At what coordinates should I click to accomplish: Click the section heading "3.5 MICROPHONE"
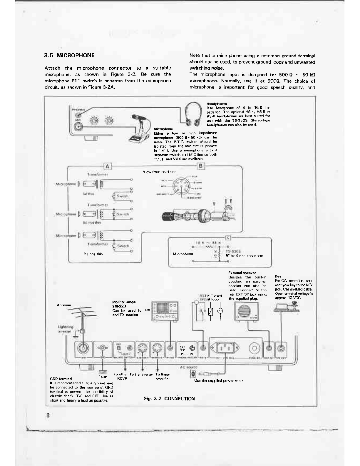69,56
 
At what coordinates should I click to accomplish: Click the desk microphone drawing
141,129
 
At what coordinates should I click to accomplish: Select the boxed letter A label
108,166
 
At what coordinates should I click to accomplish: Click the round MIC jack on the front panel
79,127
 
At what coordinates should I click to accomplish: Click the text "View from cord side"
160,172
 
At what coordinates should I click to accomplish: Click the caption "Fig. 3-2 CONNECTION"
169,399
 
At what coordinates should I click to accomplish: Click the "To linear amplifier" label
163,377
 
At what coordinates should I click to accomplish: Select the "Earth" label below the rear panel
103,377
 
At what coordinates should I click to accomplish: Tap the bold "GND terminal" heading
61,379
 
